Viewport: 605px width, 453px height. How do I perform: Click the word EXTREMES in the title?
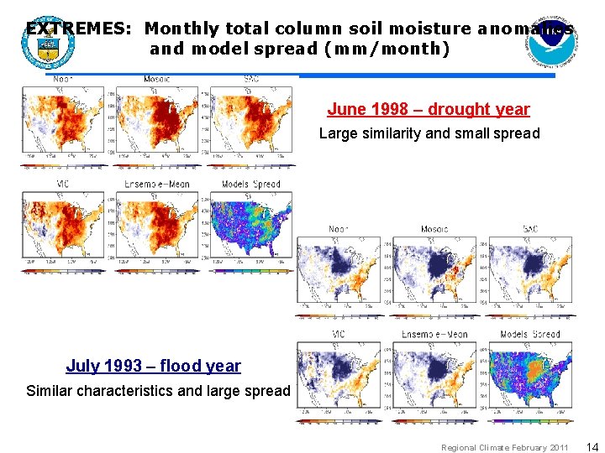click(x=76, y=29)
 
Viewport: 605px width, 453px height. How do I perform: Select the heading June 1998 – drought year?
click(x=429, y=109)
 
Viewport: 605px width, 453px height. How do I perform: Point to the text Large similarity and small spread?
click(x=429, y=133)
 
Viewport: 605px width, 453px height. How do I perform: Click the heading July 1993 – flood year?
click(x=153, y=366)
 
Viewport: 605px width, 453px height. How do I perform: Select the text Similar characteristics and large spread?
click(x=158, y=390)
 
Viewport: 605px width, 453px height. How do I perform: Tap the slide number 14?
click(x=592, y=447)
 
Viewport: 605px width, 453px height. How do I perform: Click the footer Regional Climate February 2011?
click(x=504, y=448)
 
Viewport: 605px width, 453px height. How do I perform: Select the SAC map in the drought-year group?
click(x=252, y=122)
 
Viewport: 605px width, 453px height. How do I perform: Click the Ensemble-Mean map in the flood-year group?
click(x=434, y=377)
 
